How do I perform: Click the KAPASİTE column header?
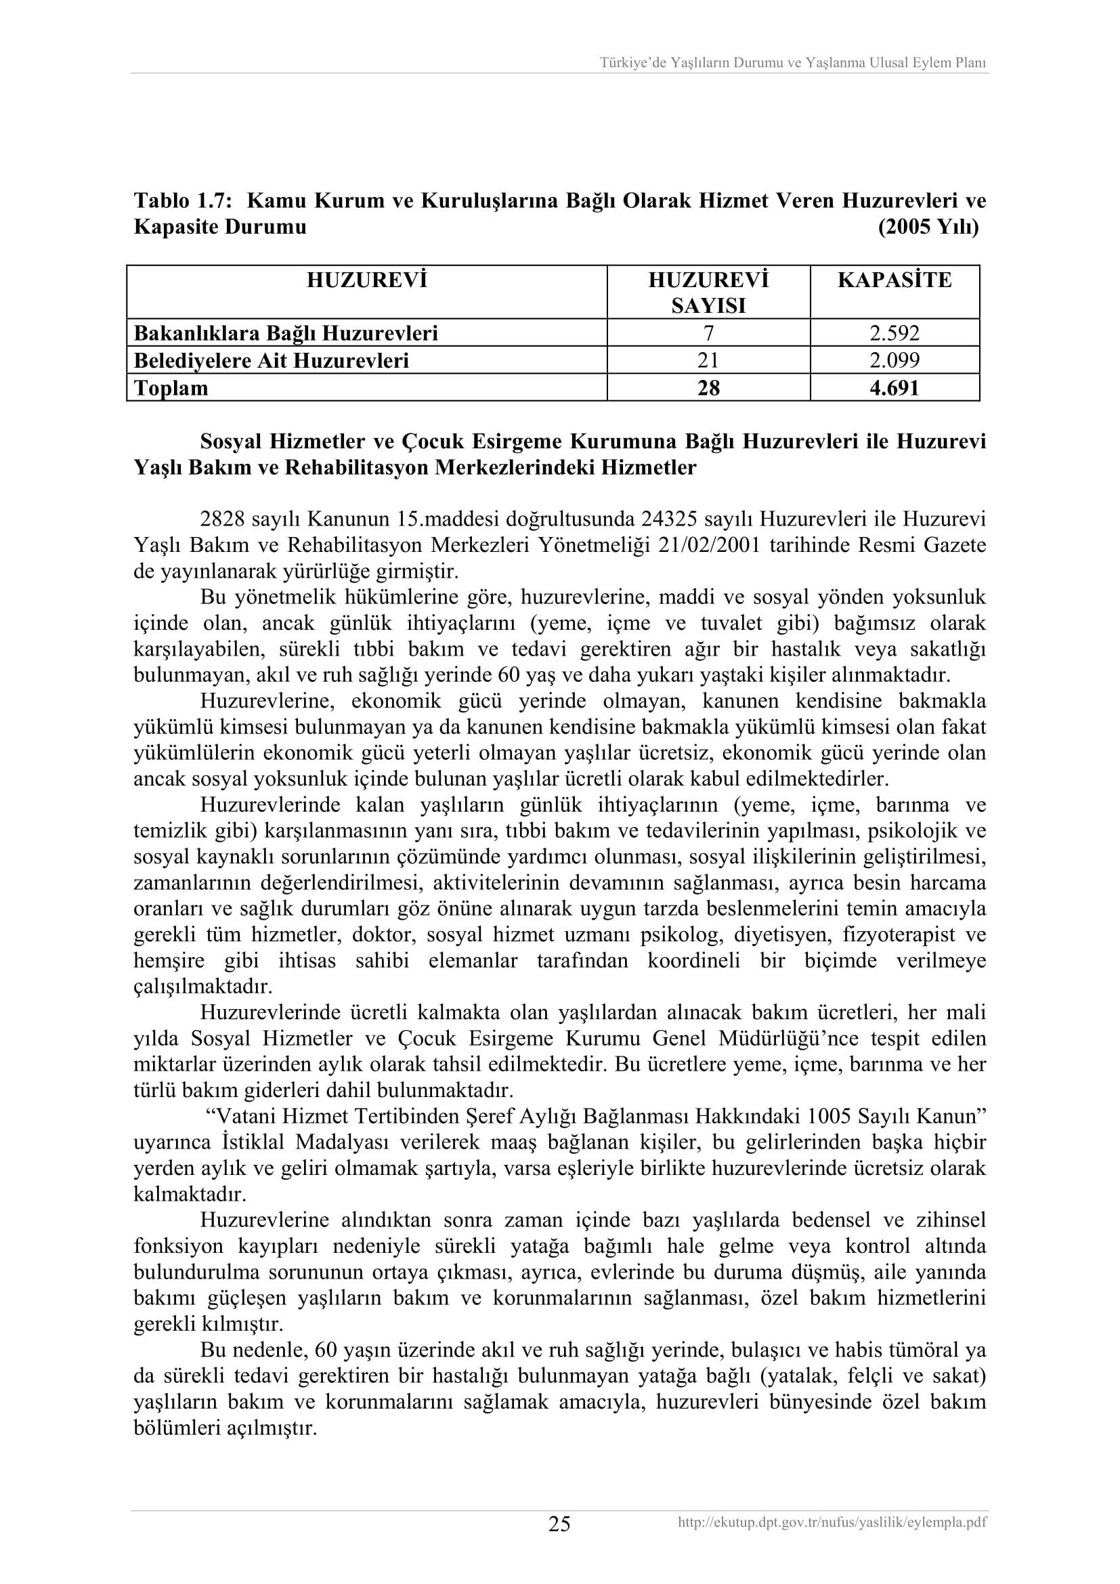[x=895, y=280]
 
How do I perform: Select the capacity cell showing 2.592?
[x=895, y=333]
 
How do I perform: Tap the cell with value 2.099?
[x=895, y=360]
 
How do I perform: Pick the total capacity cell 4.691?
[x=895, y=388]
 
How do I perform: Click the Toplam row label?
[x=171, y=388]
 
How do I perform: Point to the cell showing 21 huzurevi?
[x=708, y=360]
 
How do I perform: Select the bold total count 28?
[x=708, y=388]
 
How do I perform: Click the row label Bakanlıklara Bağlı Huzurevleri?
[x=286, y=333]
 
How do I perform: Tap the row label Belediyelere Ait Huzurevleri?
[x=271, y=360]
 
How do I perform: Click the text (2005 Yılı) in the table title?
[x=928, y=227]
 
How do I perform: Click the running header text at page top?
[x=792, y=63]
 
